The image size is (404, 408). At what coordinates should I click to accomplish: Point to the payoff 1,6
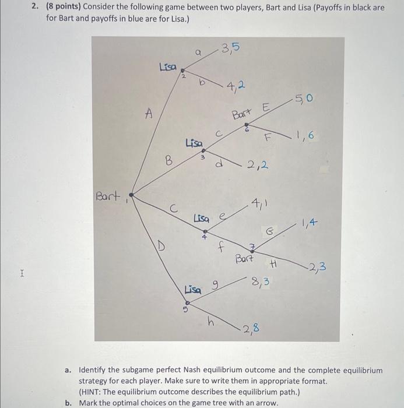(x=304, y=136)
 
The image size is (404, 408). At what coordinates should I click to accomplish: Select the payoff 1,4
(x=310, y=221)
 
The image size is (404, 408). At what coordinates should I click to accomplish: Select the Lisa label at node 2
(x=168, y=67)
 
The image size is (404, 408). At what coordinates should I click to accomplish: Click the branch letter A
(x=149, y=115)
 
